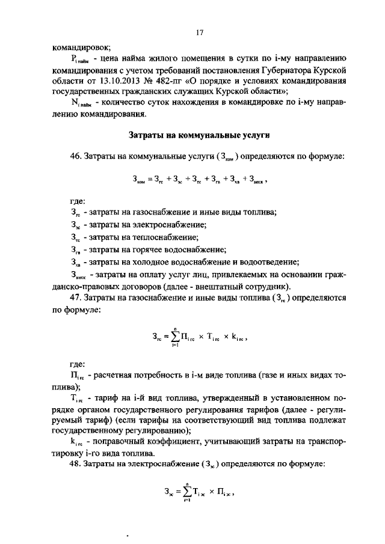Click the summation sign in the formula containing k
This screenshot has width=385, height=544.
(x=174, y=338)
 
